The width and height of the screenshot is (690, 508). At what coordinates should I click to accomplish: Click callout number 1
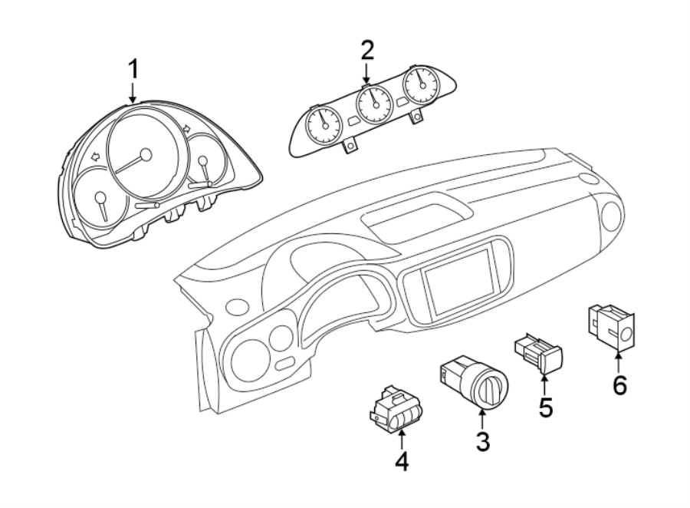[x=133, y=70]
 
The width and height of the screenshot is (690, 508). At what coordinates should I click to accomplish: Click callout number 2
[x=366, y=51]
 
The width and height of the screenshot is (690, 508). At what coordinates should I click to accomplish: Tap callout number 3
[x=482, y=442]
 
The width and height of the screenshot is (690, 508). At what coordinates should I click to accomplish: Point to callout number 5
[x=544, y=407]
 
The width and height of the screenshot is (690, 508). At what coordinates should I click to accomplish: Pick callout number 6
[x=619, y=384]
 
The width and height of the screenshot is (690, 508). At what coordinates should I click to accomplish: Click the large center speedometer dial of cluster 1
[x=145, y=150]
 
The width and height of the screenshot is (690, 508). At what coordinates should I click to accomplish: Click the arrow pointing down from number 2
[x=366, y=75]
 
